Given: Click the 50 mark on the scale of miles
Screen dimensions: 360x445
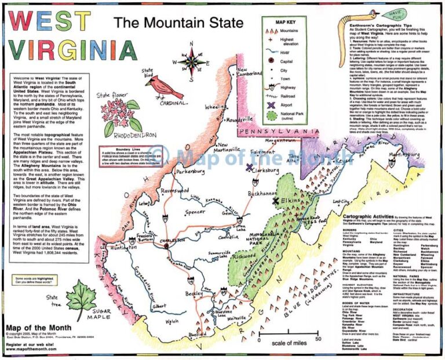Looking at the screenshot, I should [x=318, y=339].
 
